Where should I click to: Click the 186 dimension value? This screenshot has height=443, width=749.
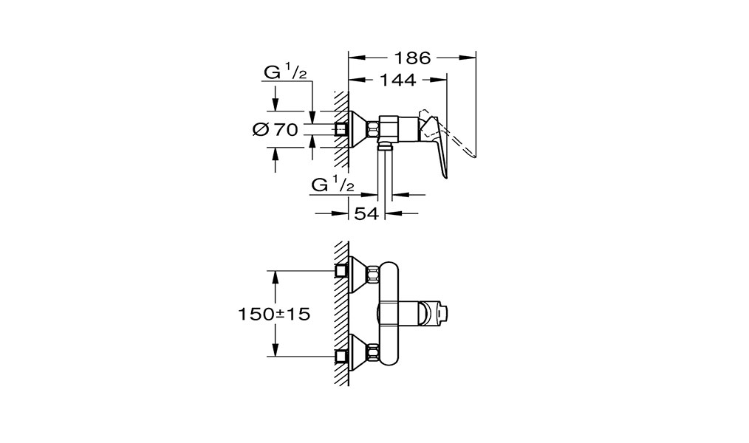(412, 58)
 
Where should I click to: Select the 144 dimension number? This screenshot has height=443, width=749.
(398, 80)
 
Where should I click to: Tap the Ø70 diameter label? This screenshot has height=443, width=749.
(276, 129)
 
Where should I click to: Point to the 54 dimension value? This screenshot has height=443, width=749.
(366, 213)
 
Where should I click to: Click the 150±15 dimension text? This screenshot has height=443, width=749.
(275, 314)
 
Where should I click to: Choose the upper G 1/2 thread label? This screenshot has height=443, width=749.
(286, 72)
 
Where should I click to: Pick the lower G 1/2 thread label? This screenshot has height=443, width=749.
(333, 184)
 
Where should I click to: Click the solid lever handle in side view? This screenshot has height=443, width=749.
(434, 143)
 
